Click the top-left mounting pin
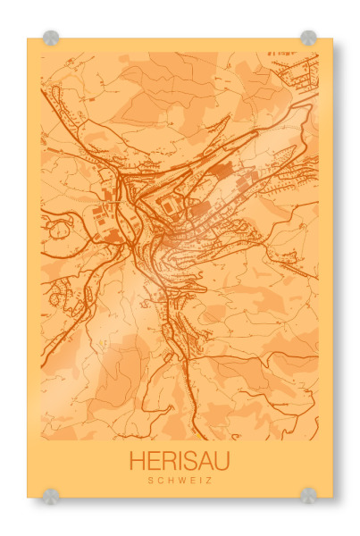[51, 38]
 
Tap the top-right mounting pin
[308, 38]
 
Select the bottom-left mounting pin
[51, 495]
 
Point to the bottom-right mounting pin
[308, 495]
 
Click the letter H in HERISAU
[137, 461]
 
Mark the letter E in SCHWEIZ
[190, 481]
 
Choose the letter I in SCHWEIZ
[198, 481]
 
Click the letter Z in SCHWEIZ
[206, 481]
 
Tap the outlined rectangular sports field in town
[170, 207]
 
